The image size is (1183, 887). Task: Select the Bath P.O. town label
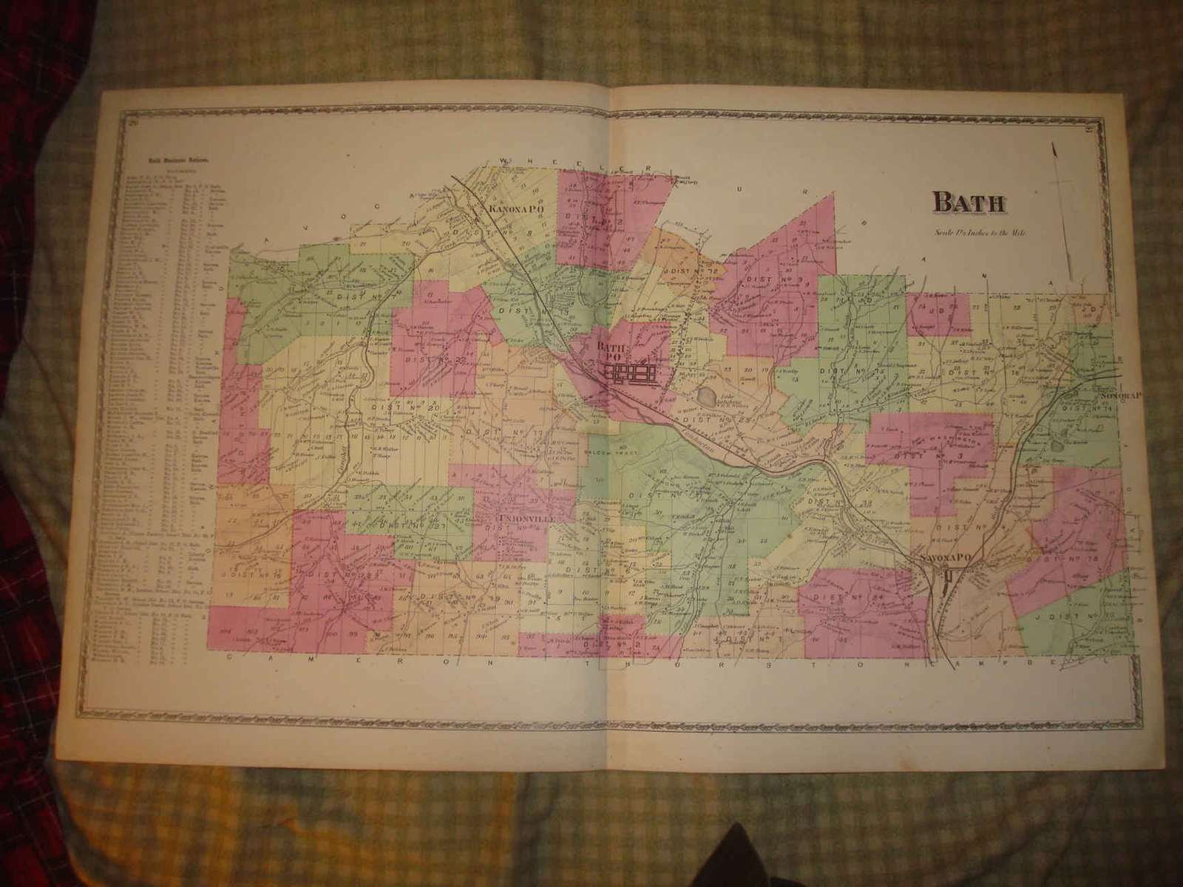(610, 353)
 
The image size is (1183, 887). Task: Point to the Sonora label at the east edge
(1121, 395)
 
